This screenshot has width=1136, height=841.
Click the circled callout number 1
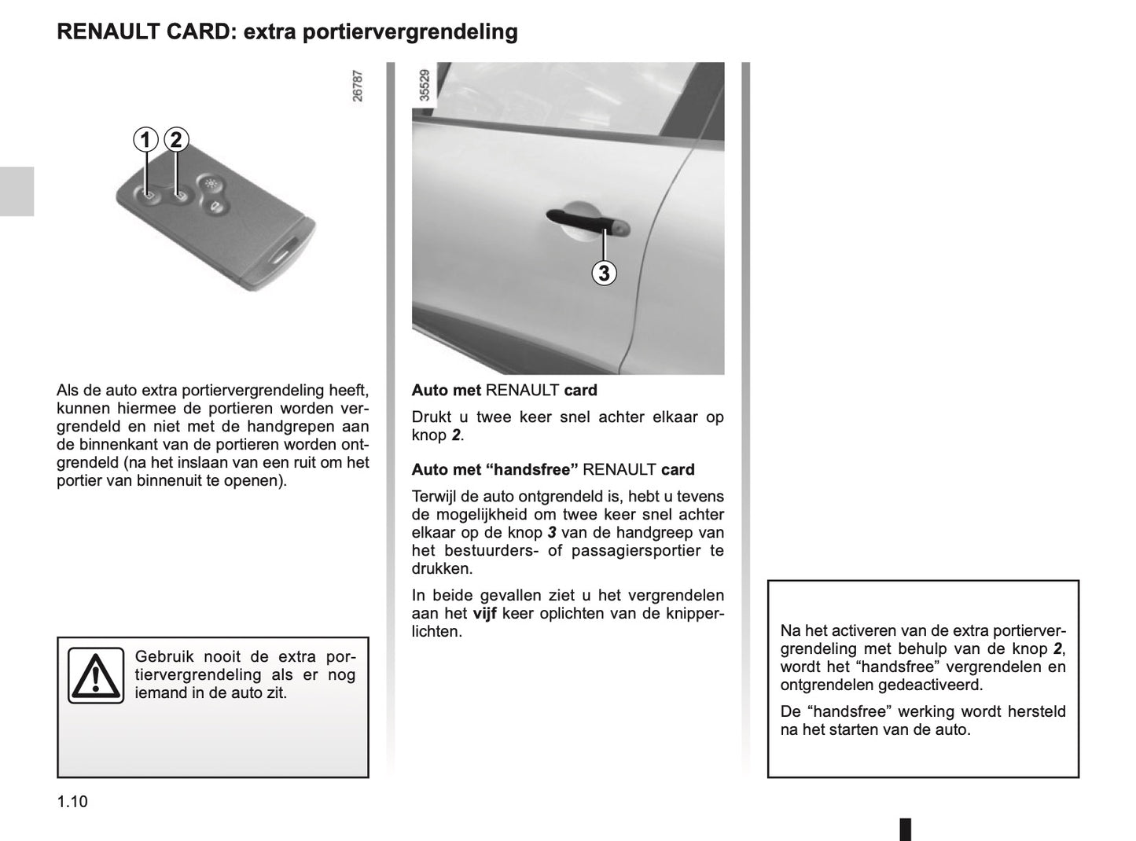click(145, 140)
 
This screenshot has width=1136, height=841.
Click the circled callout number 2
click(176, 140)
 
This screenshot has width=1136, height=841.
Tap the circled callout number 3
click(604, 273)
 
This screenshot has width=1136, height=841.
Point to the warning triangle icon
click(95, 675)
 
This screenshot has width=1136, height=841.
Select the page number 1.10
click(72, 802)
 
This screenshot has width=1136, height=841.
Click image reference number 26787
click(358, 86)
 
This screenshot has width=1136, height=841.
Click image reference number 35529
click(425, 86)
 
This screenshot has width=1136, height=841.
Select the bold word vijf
click(484, 613)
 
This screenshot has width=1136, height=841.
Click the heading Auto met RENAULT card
click(504, 390)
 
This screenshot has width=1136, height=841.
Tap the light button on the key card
click(211, 182)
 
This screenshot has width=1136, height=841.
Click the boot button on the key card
click(215, 207)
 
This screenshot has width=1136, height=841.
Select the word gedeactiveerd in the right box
click(936, 685)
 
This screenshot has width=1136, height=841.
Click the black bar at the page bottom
click(905, 828)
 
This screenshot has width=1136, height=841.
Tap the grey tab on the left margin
click(17, 191)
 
